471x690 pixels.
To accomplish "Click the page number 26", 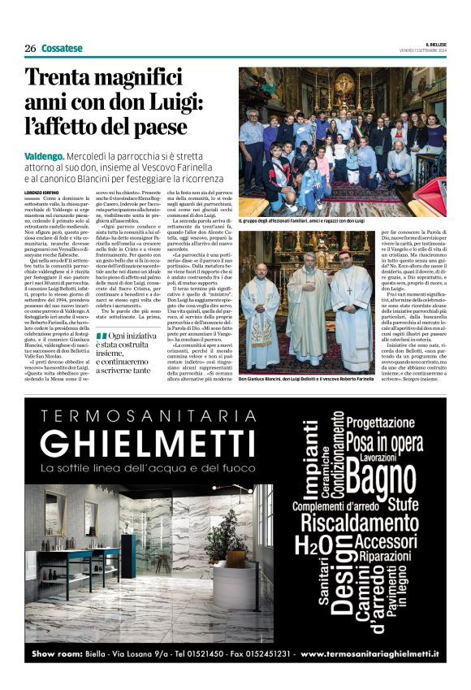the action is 30,48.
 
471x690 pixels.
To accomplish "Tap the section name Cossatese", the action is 62,48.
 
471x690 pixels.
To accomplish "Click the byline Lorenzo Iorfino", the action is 46,191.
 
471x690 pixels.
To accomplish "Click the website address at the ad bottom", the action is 369,653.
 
